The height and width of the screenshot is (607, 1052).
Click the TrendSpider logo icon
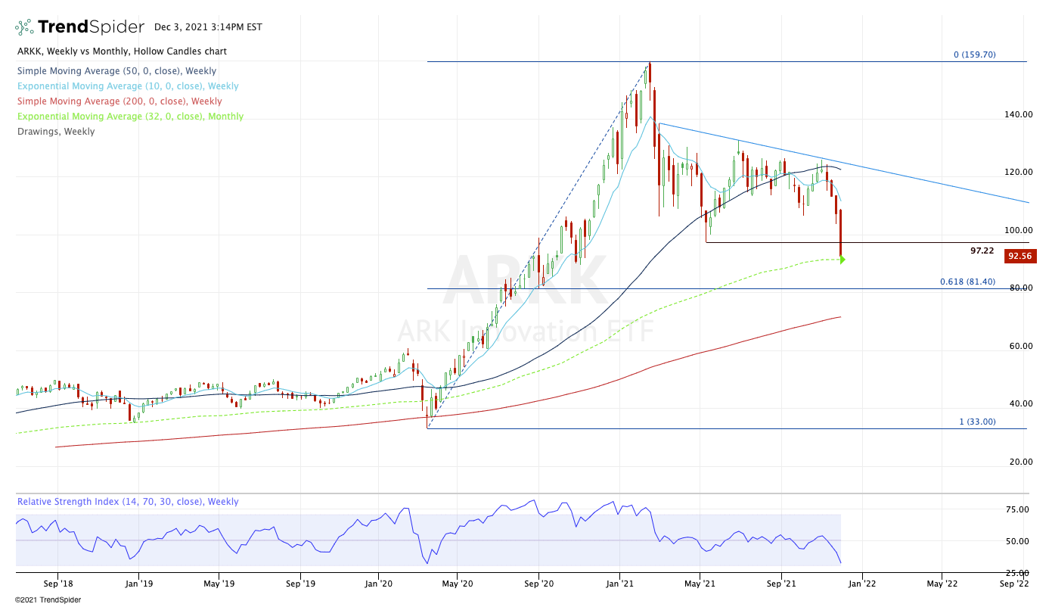(24, 27)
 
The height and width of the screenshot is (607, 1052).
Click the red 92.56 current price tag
(1020, 256)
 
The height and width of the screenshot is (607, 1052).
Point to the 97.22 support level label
(982, 250)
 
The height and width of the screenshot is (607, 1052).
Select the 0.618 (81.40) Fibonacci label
(967, 282)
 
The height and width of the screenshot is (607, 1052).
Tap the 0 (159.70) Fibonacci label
(974, 54)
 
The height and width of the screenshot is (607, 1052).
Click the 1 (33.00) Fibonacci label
(977, 422)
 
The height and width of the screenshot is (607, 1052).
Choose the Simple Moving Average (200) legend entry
(119, 101)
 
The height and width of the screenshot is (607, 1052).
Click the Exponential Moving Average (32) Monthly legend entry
(130, 117)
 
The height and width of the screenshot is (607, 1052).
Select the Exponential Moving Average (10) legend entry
(128, 86)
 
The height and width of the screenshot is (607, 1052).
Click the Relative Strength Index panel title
(128, 502)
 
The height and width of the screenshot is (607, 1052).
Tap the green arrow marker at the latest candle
(842, 260)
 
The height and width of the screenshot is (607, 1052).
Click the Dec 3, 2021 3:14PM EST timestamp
(208, 27)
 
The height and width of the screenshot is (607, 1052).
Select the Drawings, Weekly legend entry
(56, 132)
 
